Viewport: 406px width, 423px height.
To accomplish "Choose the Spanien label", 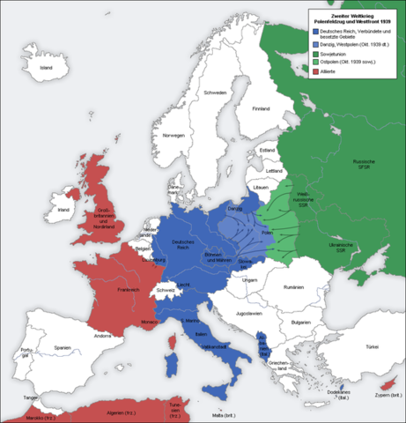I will [61, 348].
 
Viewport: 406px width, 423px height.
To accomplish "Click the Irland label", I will [63, 211].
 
